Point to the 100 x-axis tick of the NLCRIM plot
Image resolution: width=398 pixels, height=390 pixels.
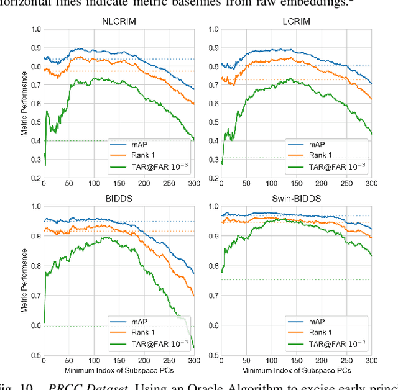93,184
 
